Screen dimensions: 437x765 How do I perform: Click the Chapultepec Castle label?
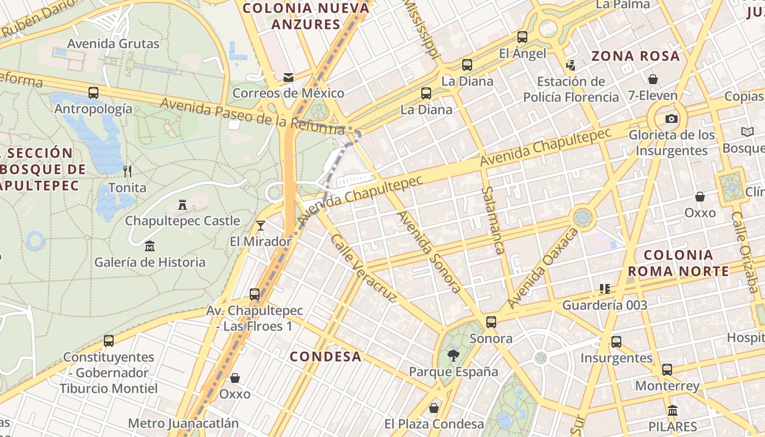[x=183, y=221]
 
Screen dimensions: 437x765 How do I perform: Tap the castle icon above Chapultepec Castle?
[x=183, y=205]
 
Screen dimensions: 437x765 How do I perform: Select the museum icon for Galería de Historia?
[x=150, y=246]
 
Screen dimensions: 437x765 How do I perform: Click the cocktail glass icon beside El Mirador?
[x=261, y=225]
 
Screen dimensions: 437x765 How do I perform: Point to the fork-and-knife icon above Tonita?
[x=127, y=172]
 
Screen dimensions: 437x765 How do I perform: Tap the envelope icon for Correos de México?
[x=289, y=78]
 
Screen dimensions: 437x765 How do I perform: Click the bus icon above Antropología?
[x=93, y=93]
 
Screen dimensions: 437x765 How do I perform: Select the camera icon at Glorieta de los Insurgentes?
[x=671, y=119]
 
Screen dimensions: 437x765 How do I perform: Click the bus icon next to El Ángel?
[x=522, y=37]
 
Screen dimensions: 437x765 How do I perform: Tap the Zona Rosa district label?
[x=635, y=56]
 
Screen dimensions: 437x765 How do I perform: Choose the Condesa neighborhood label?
[x=326, y=357]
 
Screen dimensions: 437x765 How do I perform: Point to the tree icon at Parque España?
[x=454, y=356]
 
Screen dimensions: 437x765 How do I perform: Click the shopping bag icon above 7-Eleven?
[x=652, y=79]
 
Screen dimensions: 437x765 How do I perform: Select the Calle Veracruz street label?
[x=363, y=268]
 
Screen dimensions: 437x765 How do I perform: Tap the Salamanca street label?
[x=493, y=220]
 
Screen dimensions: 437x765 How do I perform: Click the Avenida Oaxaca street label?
[x=542, y=268]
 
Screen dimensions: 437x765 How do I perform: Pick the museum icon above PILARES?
[x=673, y=410]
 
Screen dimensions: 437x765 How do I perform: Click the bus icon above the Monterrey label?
[x=667, y=370]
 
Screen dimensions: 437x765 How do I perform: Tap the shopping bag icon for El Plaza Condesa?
[x=434, y=408]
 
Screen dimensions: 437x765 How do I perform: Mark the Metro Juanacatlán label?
[x=184, y=423]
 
